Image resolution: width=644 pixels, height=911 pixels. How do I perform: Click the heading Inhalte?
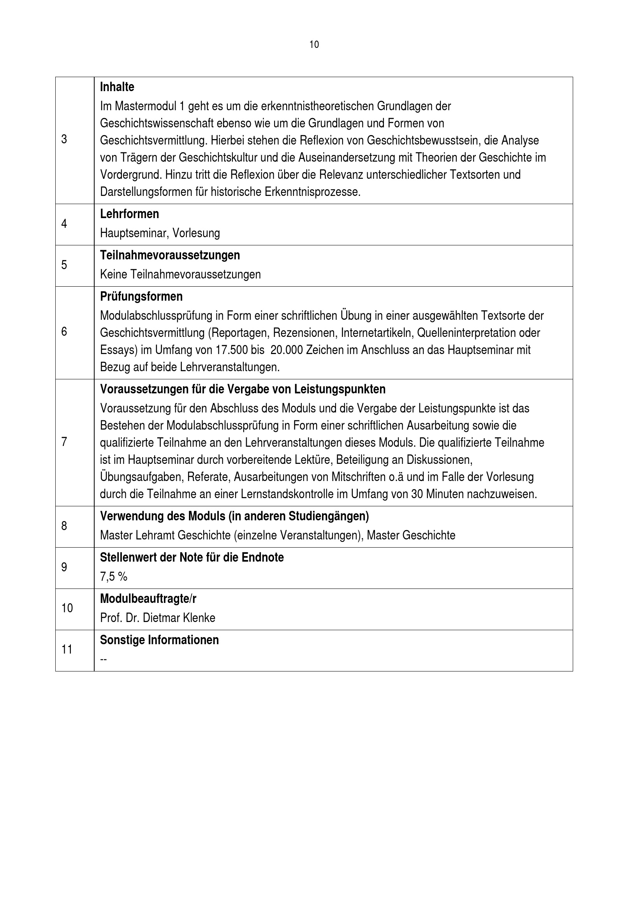117,87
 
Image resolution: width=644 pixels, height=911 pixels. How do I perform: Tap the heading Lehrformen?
129,214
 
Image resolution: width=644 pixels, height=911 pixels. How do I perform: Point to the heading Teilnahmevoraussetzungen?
170,255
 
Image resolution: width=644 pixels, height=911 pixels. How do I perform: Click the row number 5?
64,265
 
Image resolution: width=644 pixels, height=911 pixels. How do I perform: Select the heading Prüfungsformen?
141,296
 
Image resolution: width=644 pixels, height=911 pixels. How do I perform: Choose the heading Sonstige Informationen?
159,640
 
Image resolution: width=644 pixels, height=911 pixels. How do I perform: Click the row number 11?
67,650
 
